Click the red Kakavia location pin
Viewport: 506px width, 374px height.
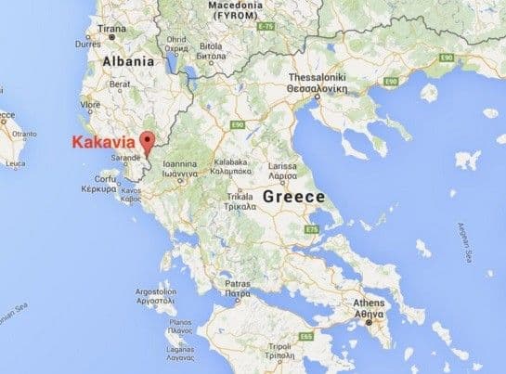tap(147, 141)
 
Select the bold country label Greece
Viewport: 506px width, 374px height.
tap(293, 198)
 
